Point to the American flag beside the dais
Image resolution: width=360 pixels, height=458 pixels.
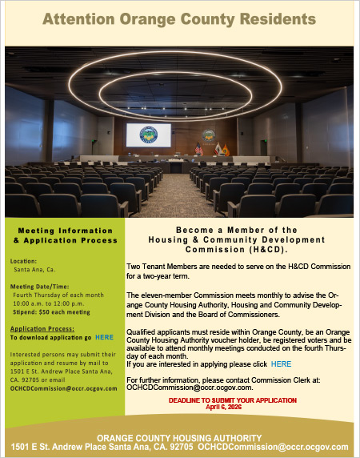198,149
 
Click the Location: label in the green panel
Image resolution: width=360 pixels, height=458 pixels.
23,261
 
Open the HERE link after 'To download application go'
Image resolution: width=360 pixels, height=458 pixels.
104,338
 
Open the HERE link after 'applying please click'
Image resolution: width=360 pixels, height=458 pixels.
280,364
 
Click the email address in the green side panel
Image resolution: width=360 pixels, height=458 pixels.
64,388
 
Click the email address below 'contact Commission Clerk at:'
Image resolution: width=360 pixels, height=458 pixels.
190,387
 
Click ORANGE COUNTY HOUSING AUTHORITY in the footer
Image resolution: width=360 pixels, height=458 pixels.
179,438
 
